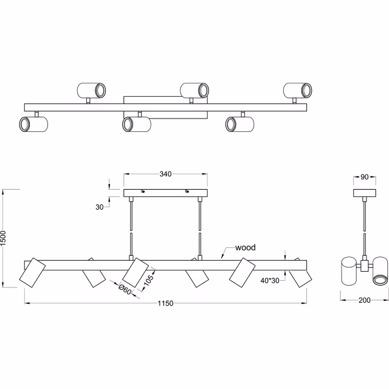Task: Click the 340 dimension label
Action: (x=165, y=174)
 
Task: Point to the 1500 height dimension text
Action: (x=4, y=238)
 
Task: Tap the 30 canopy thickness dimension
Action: (x=99, y=207)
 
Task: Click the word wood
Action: (x=245, y=247)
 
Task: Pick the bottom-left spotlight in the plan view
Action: (x=33, y=125)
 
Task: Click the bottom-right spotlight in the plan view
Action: (x=239, y=124)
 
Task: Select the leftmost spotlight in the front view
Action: (x=32, y=272)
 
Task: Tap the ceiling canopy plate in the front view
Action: (x=165, y=193)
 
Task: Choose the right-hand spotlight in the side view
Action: (x=380, y=270)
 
